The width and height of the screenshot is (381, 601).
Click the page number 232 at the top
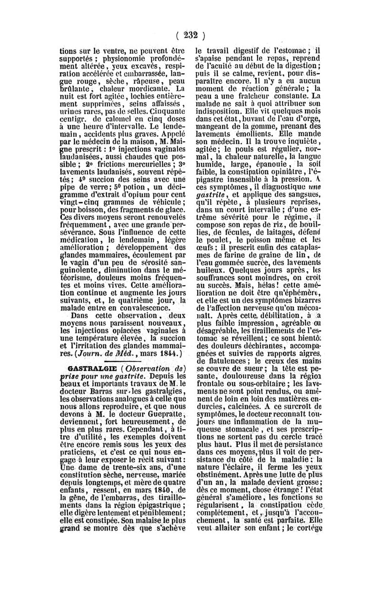[190, 35]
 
